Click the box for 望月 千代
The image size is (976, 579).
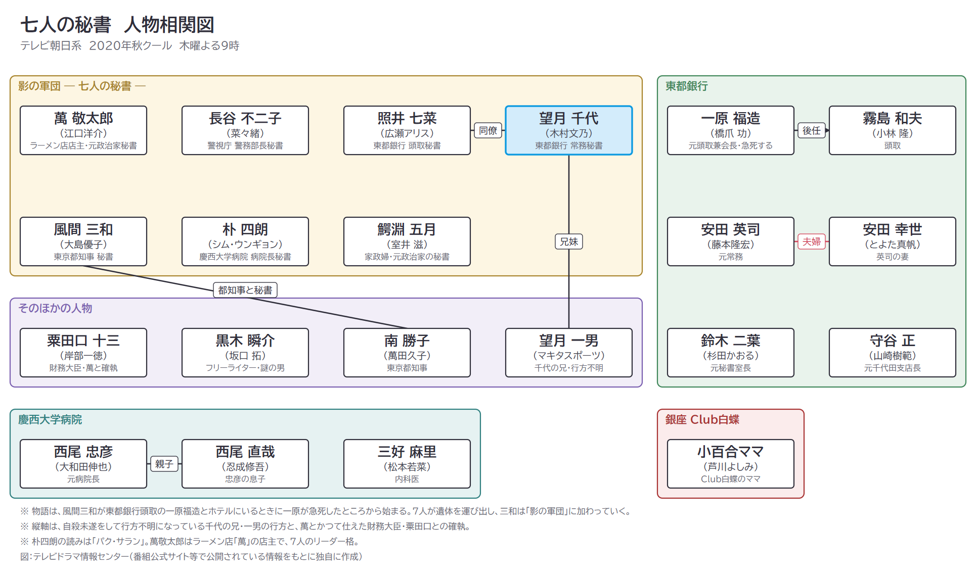pos(569,130)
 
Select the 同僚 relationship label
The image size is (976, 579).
pos(488,130)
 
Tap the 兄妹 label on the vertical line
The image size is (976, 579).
pos(569,242)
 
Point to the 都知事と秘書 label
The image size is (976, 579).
pos(245,290)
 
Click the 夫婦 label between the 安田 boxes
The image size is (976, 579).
pos(812,242)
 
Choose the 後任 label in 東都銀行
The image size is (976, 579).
pos(812,130)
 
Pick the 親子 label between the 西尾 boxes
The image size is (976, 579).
pos(164,464)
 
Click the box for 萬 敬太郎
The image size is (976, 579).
pos(83,130)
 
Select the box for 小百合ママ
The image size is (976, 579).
pos(731,464)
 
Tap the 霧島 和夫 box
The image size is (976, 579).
pos(893,130)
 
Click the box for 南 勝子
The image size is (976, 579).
pos(407,353)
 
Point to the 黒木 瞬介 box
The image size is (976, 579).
pos(245,353)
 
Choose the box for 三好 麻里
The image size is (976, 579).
pos(407,464)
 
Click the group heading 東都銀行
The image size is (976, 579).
pos(686,86)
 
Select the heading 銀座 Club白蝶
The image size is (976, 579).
pos(702,420)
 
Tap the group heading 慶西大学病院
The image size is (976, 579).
pos(50,420)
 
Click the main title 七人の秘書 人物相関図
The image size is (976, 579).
pos(117,25)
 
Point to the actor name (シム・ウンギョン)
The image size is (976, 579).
pos(245,245)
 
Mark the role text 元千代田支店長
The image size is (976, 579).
pos(893,368)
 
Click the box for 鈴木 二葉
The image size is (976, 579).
pos(731,353)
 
